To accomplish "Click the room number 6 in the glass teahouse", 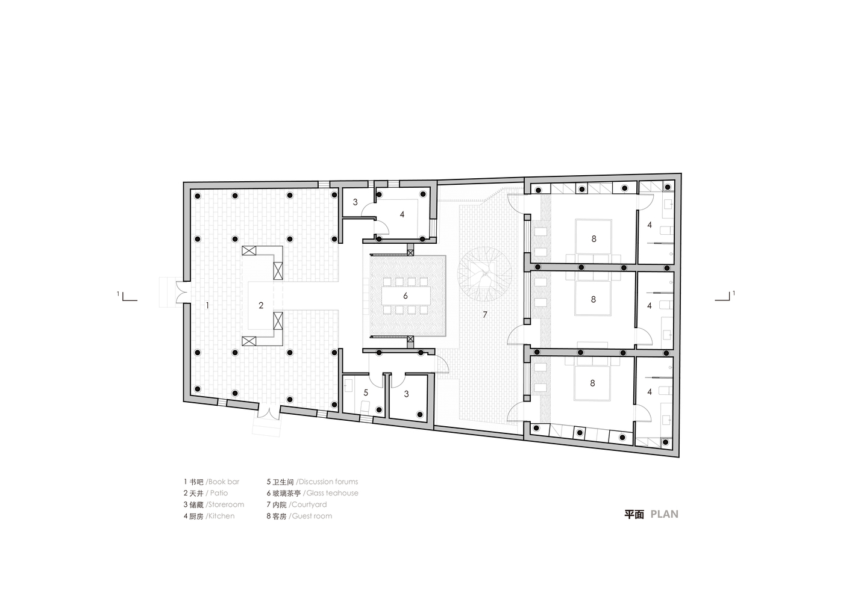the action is click(406, 296).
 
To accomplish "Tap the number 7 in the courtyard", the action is click(485, 315).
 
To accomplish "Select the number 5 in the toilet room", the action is click(366, 393).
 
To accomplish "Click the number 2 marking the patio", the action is click(261, 305).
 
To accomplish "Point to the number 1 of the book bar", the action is click(207, 305).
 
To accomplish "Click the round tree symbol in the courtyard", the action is click(484, 274).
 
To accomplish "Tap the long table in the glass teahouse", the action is click(406, 296).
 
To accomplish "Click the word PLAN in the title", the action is click(665, 514).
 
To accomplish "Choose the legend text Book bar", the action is click(224, 482).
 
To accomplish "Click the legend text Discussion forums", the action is click(328, 482).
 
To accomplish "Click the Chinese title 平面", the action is click(634, 514).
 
